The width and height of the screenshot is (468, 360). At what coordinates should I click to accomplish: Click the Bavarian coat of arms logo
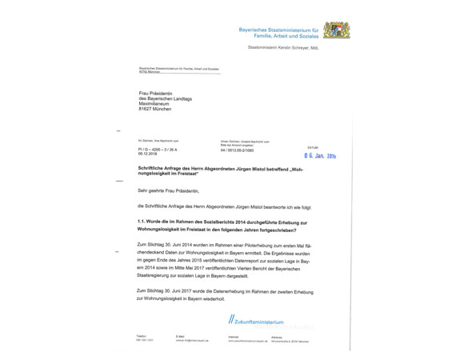337,31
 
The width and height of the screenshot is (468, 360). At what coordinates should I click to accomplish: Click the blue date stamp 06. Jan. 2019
320,156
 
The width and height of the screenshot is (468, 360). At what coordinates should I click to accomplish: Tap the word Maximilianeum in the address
157,102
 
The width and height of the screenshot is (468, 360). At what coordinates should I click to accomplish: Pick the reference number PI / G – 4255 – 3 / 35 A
158,150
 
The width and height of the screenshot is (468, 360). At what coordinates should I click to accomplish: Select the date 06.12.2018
149,154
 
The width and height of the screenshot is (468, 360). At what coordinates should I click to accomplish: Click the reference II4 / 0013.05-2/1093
240,150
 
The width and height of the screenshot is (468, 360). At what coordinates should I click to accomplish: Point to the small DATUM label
312,147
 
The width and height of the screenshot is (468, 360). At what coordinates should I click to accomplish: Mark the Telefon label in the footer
142,336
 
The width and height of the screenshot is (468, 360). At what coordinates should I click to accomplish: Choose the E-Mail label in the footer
181,336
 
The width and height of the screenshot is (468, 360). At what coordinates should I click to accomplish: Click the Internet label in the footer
234,336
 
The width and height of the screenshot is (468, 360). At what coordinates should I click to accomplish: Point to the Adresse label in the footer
277,336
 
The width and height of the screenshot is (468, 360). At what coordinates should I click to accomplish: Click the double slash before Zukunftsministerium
230,321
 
